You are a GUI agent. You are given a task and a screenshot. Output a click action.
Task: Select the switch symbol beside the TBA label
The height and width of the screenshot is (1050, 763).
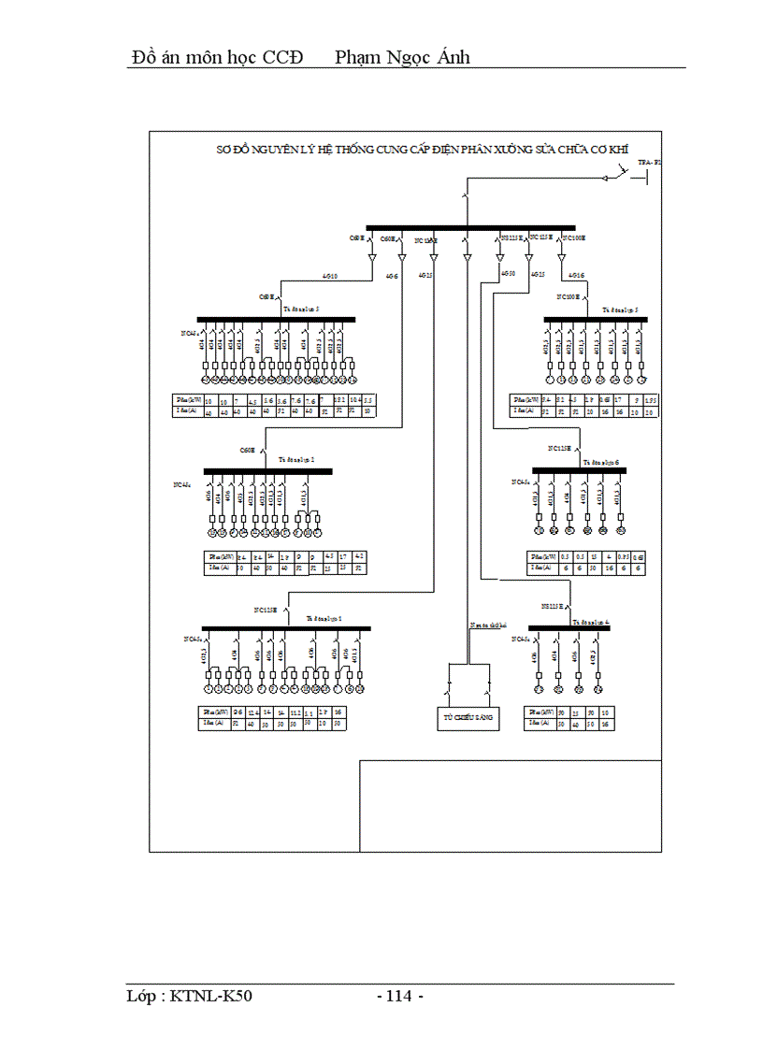point(618,173)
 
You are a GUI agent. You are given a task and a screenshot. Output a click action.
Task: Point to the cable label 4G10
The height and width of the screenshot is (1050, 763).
point(329,276)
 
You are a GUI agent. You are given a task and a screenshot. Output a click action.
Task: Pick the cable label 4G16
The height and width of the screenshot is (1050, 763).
point(577,276)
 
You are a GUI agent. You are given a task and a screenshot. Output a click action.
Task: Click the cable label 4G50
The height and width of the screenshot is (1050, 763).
point(508,274)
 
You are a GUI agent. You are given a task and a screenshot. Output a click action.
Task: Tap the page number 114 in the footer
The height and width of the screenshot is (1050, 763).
point(400,997)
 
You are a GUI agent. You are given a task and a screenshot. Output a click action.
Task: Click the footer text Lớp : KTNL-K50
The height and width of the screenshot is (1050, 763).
point(190,997)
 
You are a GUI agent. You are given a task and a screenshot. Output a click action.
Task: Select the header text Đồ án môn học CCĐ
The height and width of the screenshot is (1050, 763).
point(218,57)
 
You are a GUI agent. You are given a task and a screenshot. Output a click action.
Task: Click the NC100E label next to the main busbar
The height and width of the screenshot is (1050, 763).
point(572,238)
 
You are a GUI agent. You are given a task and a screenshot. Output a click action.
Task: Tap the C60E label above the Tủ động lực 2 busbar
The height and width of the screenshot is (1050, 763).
point(248,450)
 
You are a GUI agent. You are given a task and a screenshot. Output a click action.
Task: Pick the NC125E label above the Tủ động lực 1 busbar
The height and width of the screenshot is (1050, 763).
point(266,610)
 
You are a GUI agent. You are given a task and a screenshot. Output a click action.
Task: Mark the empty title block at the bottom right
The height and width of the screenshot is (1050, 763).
point(511,805)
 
